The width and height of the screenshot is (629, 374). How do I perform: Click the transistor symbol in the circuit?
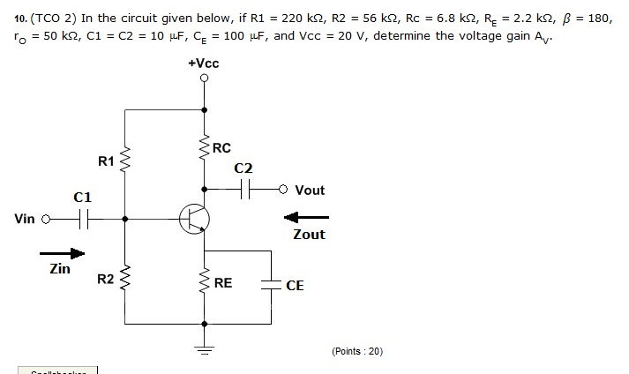[x=193, y=219]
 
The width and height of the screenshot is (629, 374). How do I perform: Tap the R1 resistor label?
[x=106, y=161]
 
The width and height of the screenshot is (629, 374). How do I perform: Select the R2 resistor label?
[x=105, y=280]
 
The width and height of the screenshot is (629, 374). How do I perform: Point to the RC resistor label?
[x=221, y=148]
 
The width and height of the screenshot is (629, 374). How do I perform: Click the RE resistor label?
[x=223, y=284]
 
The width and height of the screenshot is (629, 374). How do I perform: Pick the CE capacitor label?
[x=295, y=286]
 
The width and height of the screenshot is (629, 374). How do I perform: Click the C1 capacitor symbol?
[x=82, y=220]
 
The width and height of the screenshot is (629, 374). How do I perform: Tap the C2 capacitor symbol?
[x=243, y=189]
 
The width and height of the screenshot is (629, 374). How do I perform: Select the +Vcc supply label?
[x=204, y=64]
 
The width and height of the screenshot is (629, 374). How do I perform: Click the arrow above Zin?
[x=64, y=254]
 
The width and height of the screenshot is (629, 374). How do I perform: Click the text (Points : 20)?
[x=357, y=351]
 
